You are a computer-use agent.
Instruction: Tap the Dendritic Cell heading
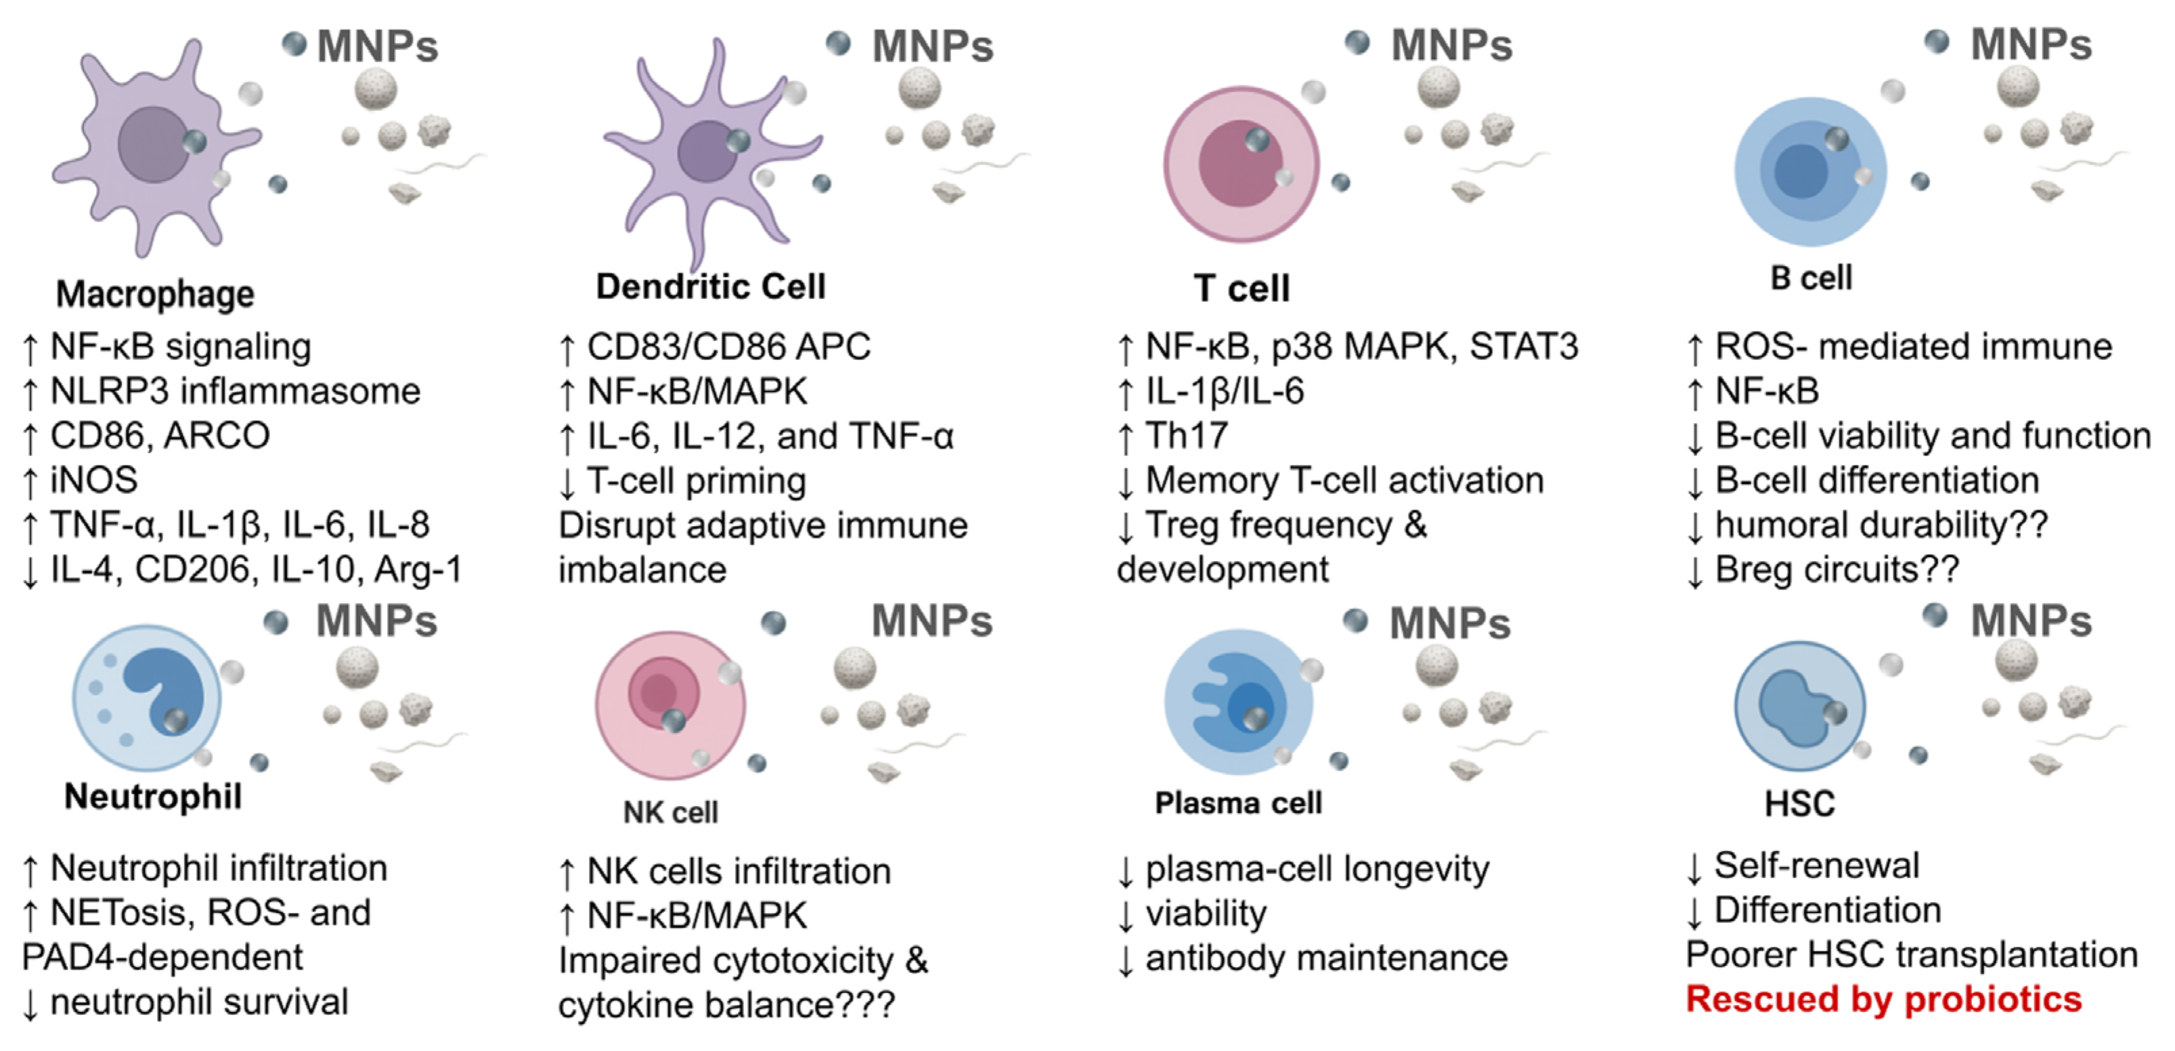[x=710, y=287]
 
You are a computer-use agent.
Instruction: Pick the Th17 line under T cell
[x=1185, y=436]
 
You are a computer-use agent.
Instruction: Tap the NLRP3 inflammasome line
[x=235, y=391]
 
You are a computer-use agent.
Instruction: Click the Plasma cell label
[x=1238, y=803]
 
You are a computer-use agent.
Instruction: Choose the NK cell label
[x=670, y=812]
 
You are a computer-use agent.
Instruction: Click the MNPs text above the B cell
[x=2031, y=45]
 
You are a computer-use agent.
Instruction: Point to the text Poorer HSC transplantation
[x=1912, y=955]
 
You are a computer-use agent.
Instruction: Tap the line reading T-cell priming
[x=696, y=481]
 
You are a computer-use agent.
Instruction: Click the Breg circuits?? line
[x=1837, y=570]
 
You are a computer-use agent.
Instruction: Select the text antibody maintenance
[x=1325, y=958]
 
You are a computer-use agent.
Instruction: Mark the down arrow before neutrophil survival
[x=30, y=1004]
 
